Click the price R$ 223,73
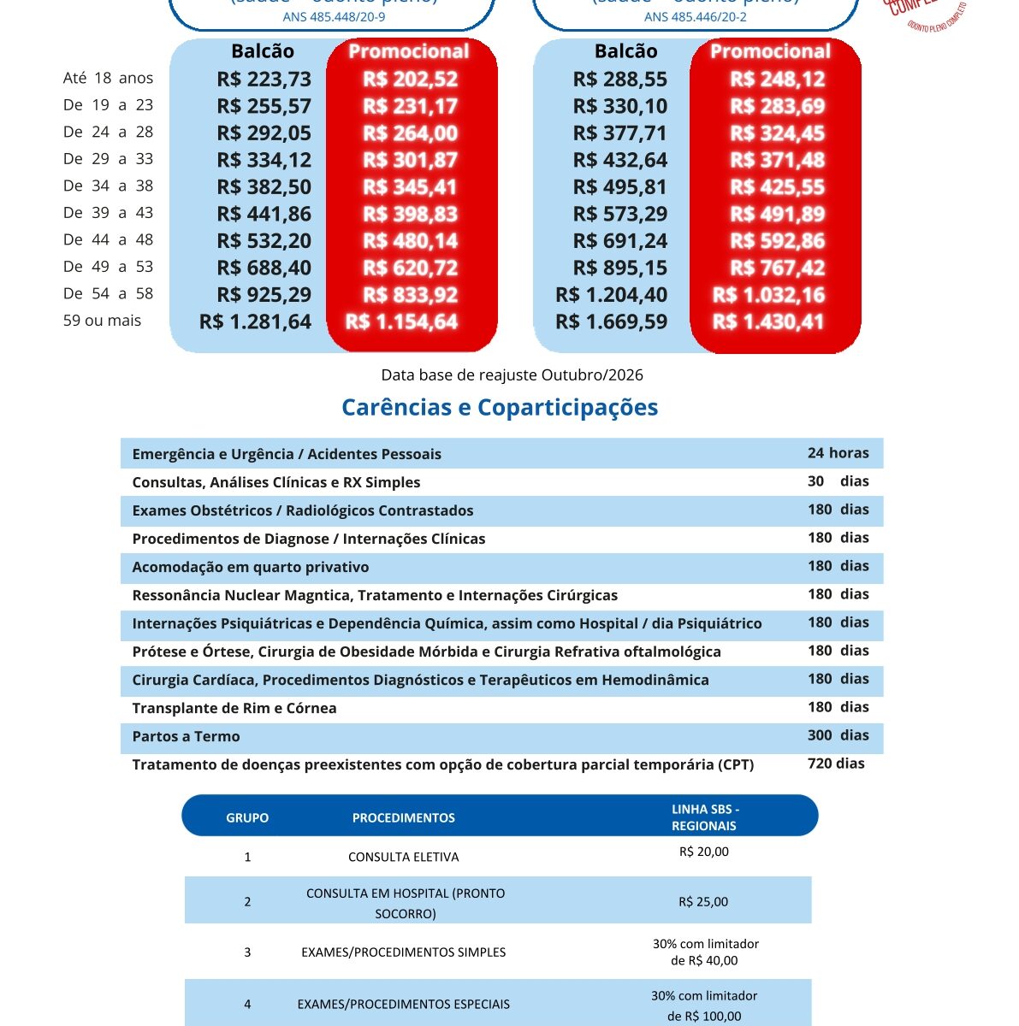[264, 80]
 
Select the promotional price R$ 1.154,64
[401, 322]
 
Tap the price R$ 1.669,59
[611, 322]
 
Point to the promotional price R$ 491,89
[777, 215]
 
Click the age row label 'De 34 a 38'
[108, 186]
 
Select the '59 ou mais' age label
[102, 321]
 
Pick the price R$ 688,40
[264, 268]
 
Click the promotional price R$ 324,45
[777, 133]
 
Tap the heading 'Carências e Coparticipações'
[500, 407]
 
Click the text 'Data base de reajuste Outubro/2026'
[512, 374]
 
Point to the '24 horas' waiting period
[838, 453]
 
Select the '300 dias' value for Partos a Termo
[838, 735]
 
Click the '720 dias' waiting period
[836, 764]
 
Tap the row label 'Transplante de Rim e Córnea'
[234, 708]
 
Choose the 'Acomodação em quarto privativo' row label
[251, 567]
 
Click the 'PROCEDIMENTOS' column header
[403, 818]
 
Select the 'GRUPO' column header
[247, 818]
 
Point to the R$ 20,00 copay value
[703, 852]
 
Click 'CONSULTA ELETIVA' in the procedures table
[403, 857]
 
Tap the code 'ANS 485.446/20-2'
[695, 17]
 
